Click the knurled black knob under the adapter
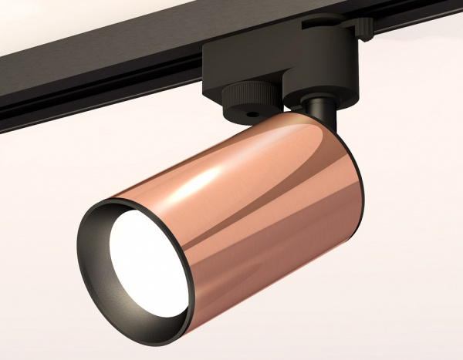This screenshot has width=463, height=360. click(247, 104)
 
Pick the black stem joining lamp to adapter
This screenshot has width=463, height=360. click(321, 116)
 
